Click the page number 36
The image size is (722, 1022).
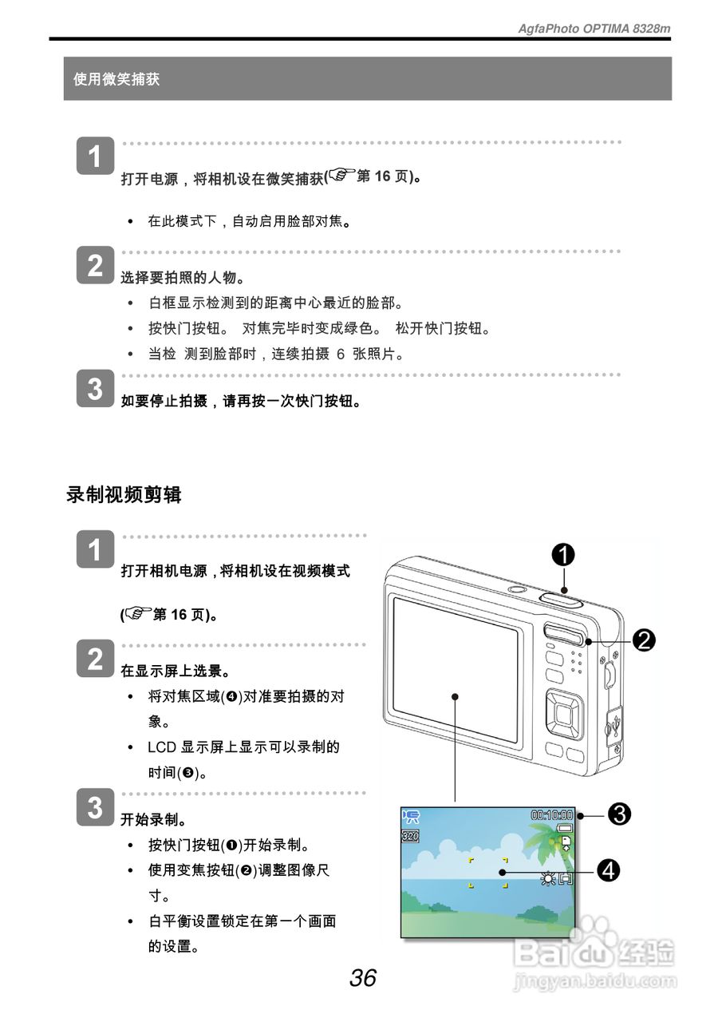coord(362,977)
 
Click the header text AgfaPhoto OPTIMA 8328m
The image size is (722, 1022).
coord(594,29)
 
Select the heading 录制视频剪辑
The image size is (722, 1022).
coord(124,495)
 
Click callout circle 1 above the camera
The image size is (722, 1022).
coord(563,553)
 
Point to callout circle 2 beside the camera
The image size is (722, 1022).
coord(644,640)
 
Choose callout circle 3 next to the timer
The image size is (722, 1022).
coord(620,814)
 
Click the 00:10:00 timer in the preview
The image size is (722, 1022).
coord(552,815)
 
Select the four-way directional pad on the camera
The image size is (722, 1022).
coord(565,712)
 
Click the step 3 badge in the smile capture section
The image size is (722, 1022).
coord(95,390)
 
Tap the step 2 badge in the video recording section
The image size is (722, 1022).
coord(95,660)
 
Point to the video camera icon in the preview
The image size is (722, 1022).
coord(412,816)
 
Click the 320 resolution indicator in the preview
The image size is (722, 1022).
coord(410,836)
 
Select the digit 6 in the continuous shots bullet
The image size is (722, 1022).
coord(341,354)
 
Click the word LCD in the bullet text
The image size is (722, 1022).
coord(161,747)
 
